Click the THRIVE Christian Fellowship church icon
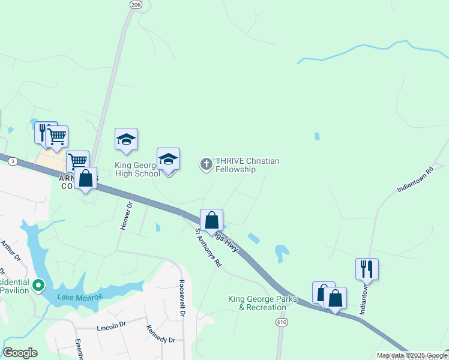[206, 164]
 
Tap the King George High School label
[137, 169]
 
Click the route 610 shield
[282, 322]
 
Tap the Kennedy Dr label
[160, 334]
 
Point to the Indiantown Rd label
[415, 179]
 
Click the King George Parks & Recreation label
[257, 303]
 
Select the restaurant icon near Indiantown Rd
[366, 268]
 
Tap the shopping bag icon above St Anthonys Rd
[211, 220]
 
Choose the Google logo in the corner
[20, 353]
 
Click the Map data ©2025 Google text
[412, 355]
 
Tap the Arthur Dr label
[10, 251]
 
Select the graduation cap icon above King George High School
[126, 140]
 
